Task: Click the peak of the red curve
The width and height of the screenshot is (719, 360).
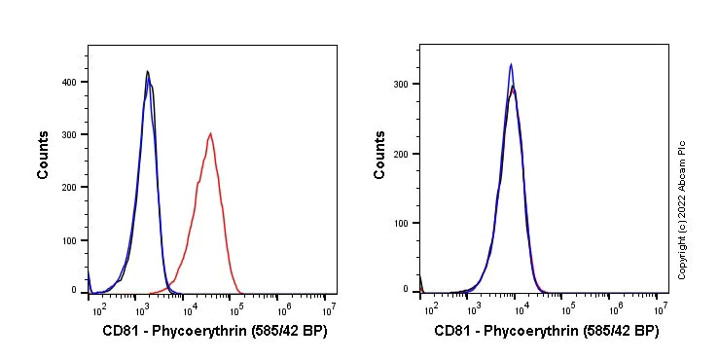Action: pyautogui.click(x=210, y=134)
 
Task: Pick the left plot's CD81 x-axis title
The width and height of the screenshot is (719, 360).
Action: pyautogui.click(x=214, y=332)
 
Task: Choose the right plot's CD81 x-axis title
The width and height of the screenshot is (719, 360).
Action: pyautogui.click(x=546, y=332)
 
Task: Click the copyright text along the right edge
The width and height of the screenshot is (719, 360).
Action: pyautogui.click(x=682, y=209)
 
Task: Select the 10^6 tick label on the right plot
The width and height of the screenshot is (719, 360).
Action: pyautogui.click(x=614, y=308)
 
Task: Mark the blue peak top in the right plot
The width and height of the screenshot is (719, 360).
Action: pyautogui.click(x=511, y=65)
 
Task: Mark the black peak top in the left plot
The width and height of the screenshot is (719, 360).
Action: pyautogui.click(x=147, y=71)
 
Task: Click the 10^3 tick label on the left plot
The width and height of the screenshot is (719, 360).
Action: pyautogui.click(x=142, y=308)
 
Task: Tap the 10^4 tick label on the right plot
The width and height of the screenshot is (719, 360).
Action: pyautogui.click(x=521, y=308)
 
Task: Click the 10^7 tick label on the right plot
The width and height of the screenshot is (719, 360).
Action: pyautogui.click(x=661, y=308)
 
